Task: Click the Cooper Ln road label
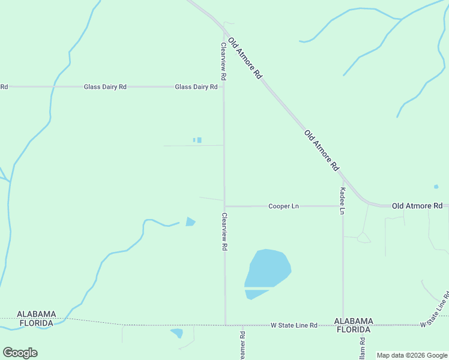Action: click(283, 206)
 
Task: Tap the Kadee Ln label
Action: click(343, 200)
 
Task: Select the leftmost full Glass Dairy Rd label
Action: click(105, 87)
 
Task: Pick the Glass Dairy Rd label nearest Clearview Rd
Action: click(196, 87)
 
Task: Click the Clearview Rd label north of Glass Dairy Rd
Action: click(223, 62)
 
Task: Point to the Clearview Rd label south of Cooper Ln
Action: click(224, 232)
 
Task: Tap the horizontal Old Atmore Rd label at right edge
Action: click(417, 206)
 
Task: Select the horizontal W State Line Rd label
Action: click(294, 325)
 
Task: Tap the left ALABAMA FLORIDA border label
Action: click(36, 319)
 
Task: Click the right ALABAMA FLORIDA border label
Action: click(354, 325)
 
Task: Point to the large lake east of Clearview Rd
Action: click(268, 270)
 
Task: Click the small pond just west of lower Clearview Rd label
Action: click(190, 222)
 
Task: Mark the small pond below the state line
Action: click(177, 332)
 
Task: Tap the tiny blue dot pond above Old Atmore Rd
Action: click(436, 187)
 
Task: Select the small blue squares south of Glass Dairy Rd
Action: click(197, 140)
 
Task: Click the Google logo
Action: click(20, 353)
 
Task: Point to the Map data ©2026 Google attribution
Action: click(412, 355)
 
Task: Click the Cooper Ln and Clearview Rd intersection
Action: click(224, 206)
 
